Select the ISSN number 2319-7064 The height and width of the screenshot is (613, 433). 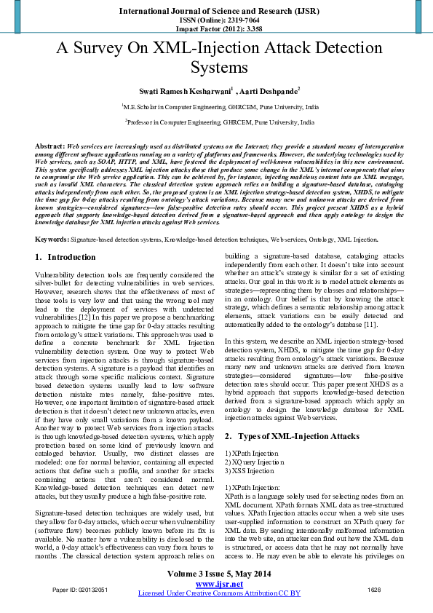point(231,22)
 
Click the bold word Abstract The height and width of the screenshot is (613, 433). point(49,146)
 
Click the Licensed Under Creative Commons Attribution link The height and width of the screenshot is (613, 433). point(219,593)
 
